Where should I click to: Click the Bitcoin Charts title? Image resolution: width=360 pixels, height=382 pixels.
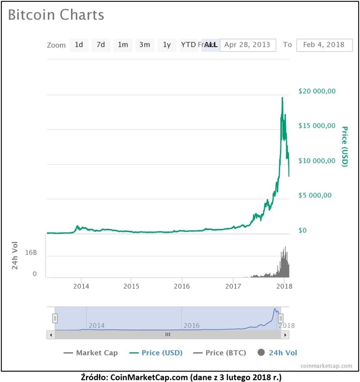pyautogui.click(x=56, y=15)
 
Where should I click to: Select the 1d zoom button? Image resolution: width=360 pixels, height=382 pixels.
pyautogui.click(x=79, y=45)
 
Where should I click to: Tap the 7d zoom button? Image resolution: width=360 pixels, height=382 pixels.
pyautogui.click(x=101, y=45)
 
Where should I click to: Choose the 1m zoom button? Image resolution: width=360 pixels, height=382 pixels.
pyautogui.click(x=123, y=45)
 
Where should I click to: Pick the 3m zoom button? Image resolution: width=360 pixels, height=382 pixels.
pyautogui.click(x=145, y=45)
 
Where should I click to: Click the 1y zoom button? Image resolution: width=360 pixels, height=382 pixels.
pyautogui.click(x=167, y=45)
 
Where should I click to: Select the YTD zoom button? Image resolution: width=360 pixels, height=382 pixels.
pyautogui.click(x=188, y=45)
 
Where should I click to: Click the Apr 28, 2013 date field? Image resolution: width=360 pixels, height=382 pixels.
pyautogui.click(x=248, y=45)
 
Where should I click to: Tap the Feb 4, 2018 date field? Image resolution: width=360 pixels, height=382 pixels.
pyautogui.click(x=324, y=45)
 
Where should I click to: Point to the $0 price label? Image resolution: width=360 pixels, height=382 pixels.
pyautogui.click(x=302, y=231)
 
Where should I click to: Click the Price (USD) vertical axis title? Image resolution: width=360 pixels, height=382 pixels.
pyautogui.click(x=345, y=146)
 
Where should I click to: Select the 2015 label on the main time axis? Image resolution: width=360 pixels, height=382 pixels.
pyautogui.click(x=131, y=286)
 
